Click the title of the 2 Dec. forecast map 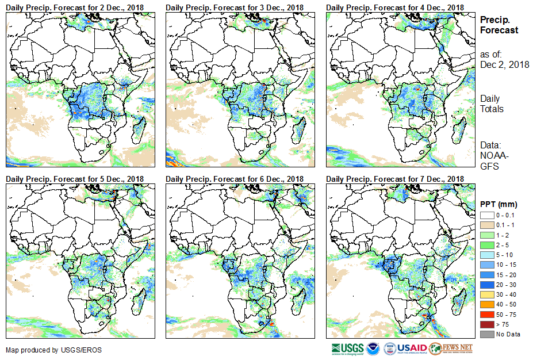click(x=75, y=7)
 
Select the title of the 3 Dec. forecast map click(x=235, y=7)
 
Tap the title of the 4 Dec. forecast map click(x=394, y=7)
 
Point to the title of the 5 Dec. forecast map click(x=75, y=179)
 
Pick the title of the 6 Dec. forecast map click(x=235, y=179)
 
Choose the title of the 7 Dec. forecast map click(x=394, y=179)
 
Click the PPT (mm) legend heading click(x=499, y=205)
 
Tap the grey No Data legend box click(x=486, y=334)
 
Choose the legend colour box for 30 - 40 click(x=486, y=294)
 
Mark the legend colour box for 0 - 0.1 click(x=486, y=215)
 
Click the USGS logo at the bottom click(x=347, y=349)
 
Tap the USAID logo click(x=405, y=349)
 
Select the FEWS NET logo click(x=451, y=349)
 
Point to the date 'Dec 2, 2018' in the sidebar click(x=504, y=64)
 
